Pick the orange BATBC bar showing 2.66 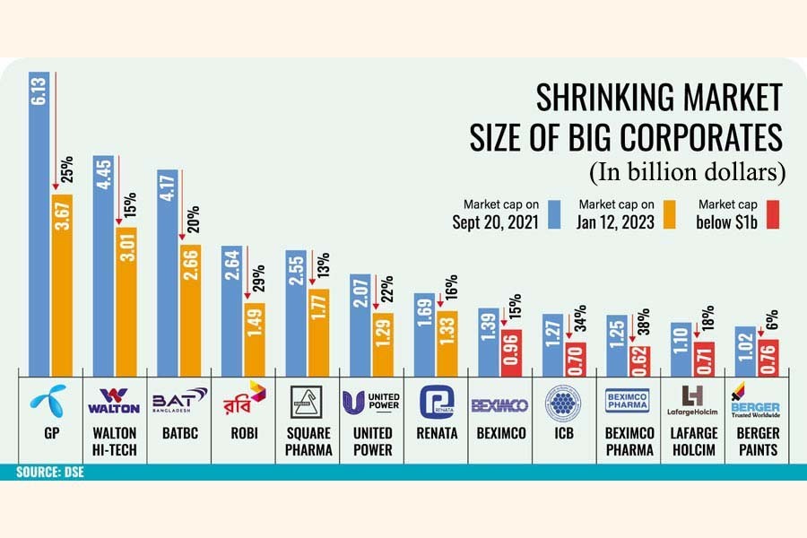pos(191,306)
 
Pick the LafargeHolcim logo pos(695,401)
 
